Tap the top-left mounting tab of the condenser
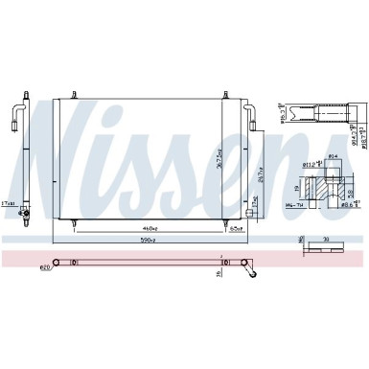68,92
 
